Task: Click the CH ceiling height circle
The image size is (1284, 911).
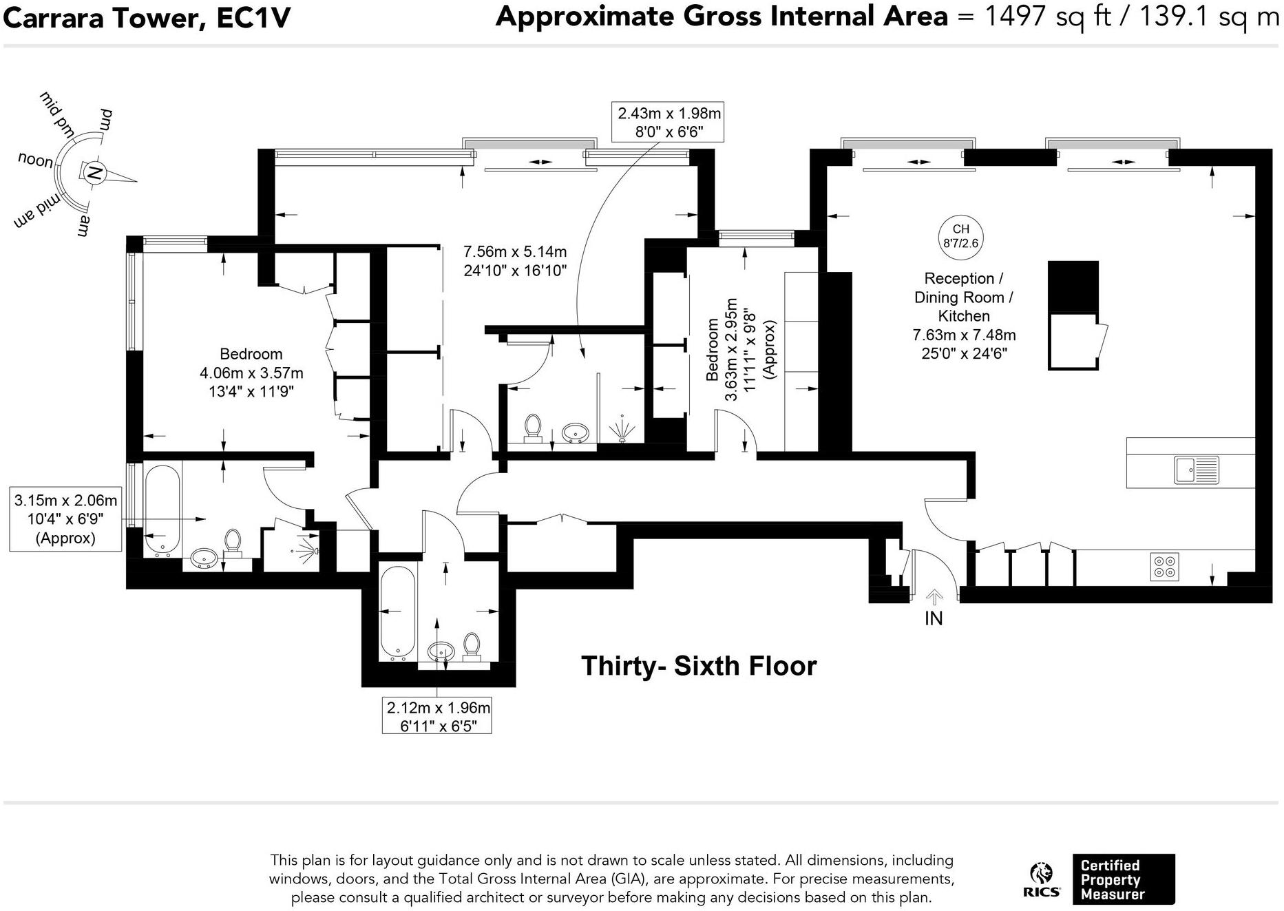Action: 960,236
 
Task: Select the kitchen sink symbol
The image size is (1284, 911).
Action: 1196,470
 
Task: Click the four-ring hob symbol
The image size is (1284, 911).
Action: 1164,566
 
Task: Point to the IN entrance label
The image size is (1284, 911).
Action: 933,618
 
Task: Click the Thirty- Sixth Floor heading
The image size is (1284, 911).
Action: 698,666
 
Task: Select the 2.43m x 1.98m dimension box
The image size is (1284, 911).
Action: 669,123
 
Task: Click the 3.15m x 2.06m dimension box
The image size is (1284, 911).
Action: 65,519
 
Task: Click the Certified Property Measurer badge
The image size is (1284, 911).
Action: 1123,879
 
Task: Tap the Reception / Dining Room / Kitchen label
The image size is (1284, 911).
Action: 963,297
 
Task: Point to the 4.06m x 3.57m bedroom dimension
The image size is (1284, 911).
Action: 251,373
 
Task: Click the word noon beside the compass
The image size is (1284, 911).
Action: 35,160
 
